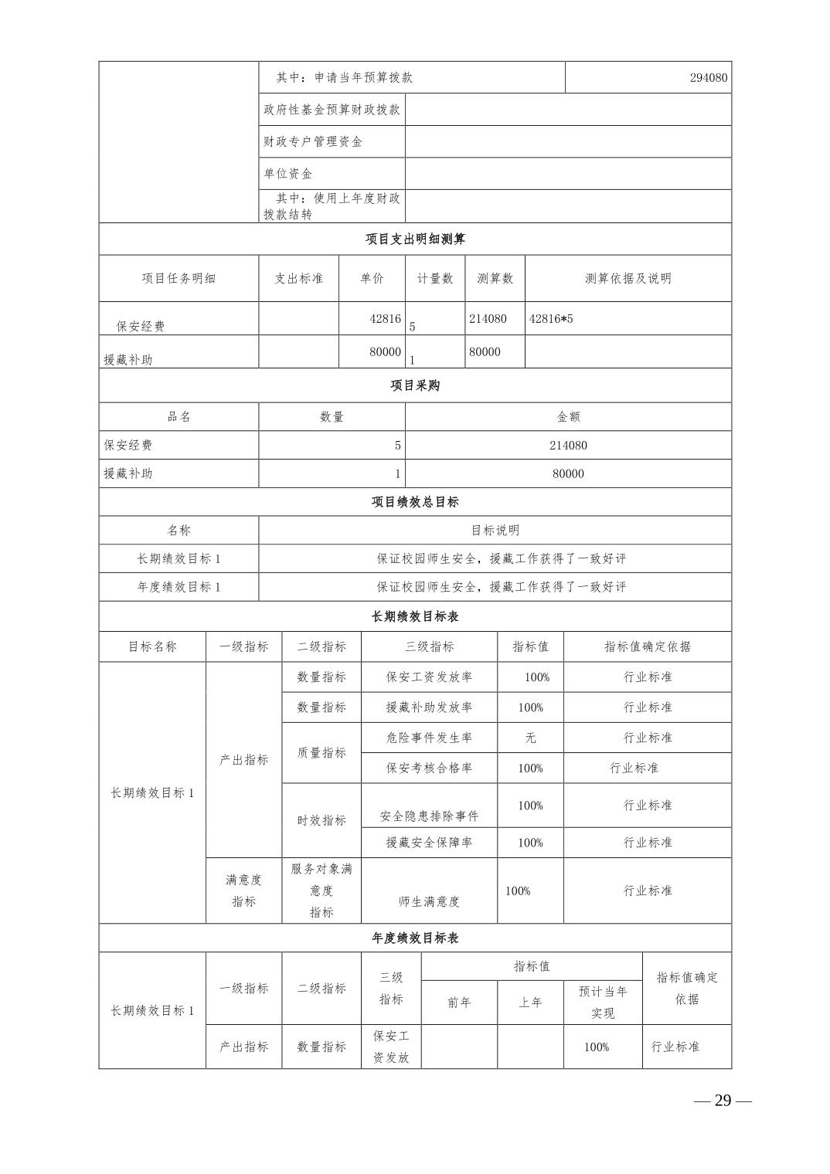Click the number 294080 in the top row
708,77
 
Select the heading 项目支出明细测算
415,239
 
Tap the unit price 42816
385,318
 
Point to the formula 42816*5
551,318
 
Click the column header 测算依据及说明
628,278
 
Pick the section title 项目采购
415,385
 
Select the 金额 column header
568,416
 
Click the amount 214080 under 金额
568,445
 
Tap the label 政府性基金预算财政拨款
332,110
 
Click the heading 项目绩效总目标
415,502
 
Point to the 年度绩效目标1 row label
179,587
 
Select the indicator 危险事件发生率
429,738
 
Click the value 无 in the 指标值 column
530,738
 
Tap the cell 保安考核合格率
429,768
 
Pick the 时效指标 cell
321,820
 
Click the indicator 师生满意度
429,901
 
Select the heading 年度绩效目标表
415,938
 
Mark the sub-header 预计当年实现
603,1002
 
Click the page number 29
723,1101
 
